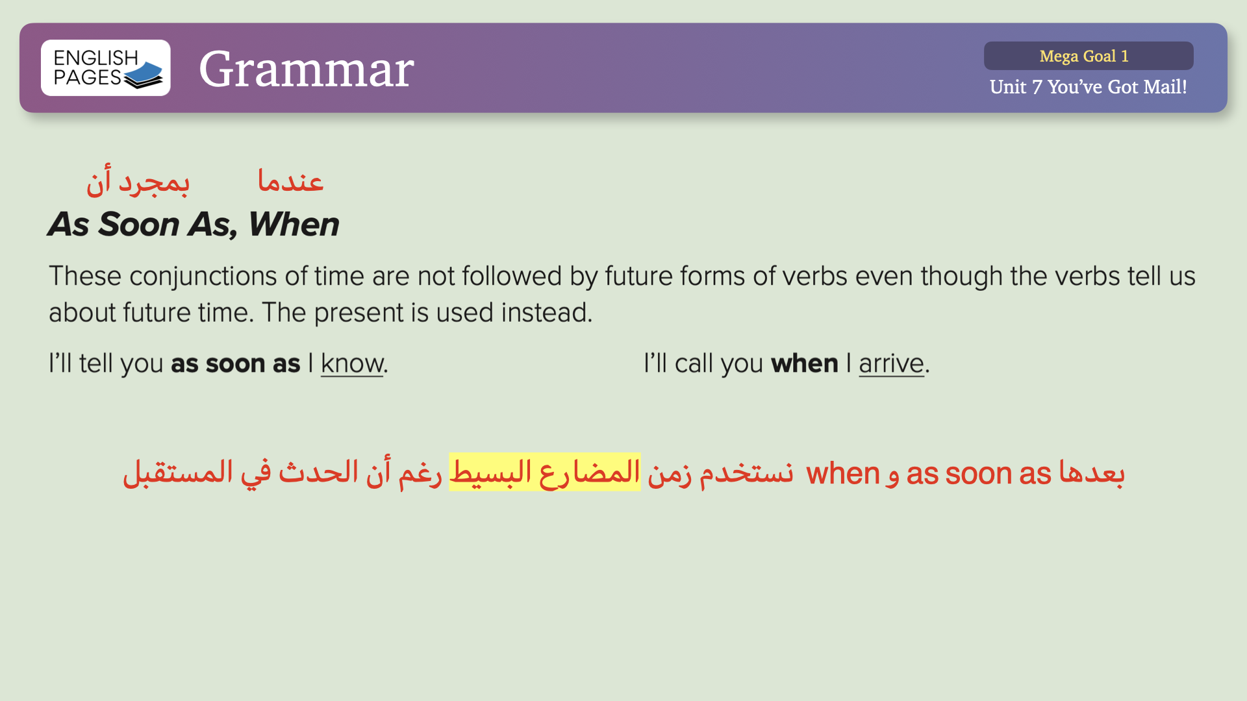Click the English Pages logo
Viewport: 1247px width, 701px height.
coord(106,68)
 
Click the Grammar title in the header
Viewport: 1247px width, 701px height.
coord(307,69)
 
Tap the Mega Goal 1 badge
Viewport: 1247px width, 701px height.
coord(1089,56)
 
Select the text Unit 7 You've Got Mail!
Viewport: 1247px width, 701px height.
coord(1089,87)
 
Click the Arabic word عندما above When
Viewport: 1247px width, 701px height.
coord(290,180)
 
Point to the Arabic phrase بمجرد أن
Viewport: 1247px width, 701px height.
coord(138,182)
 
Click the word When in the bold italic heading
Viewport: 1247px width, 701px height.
coord(294,225)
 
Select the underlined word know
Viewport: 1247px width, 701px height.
coord(352,363)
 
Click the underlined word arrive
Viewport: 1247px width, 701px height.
coord(891,363)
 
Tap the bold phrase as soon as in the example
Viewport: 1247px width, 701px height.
coord(236,363)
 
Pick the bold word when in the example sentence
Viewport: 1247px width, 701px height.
coord(805,363)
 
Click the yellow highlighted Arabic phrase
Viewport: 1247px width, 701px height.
coord(545,472)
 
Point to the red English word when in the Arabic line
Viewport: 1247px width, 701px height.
coord(842,473)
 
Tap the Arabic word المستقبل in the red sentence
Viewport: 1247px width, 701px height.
coord(178,472)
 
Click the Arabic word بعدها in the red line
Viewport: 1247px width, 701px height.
coord(1092,472)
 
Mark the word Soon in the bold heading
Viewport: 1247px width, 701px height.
coord(139,225)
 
